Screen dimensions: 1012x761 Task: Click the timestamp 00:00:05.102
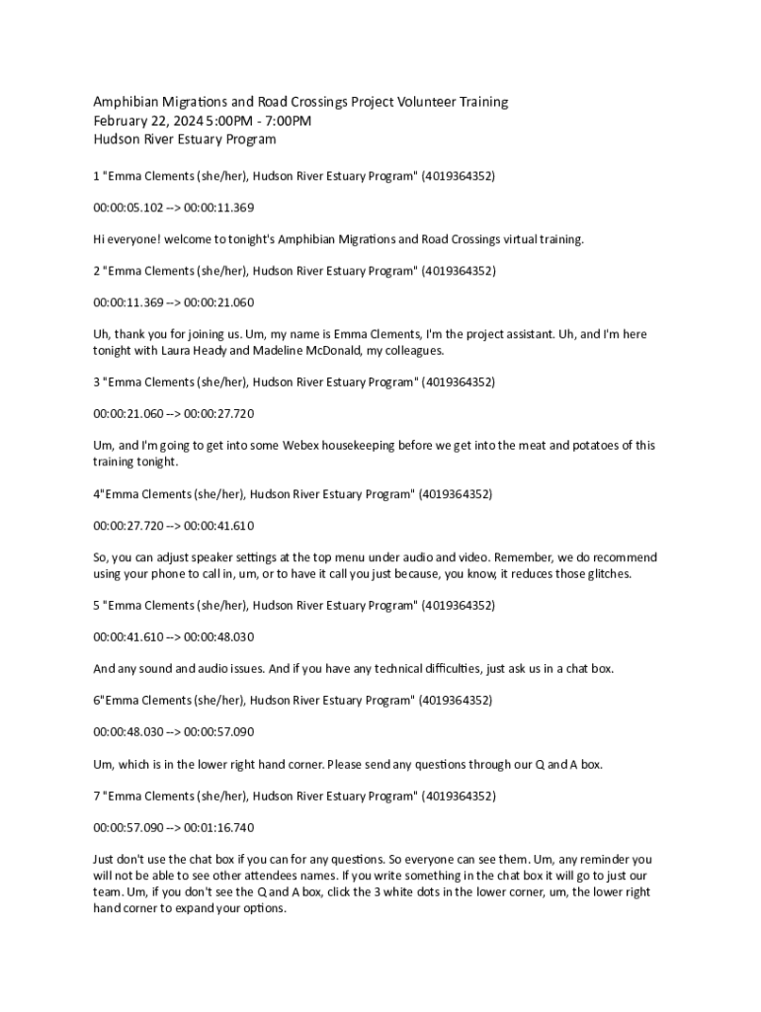click(x=128, y=208)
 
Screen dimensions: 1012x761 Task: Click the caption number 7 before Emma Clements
click(x=97, y=796)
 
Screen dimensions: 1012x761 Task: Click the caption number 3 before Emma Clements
click(x=97, y=381)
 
